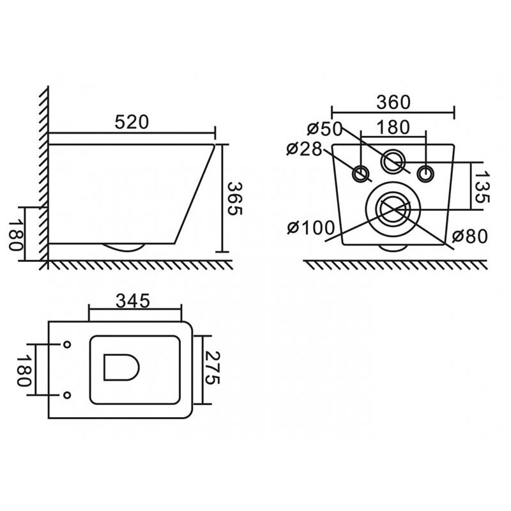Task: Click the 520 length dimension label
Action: click(132, 122)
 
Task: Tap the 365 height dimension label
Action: click(234, 199)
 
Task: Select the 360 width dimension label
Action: click(393, 102)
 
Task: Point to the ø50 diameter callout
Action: click(325, 129)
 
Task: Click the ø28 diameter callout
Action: click(305, 149)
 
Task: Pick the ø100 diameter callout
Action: click(311, 227)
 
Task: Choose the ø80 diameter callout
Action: click(469, 236)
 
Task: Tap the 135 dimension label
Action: click(482, 187)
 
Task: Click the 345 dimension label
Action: click(133, 301)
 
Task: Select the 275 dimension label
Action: click(212, 368)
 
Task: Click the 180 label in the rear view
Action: click(393, 127)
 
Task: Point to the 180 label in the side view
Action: click(16, 234)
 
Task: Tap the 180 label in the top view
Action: click(24, 370)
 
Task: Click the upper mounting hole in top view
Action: click(67, 344)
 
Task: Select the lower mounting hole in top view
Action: click(67, 395)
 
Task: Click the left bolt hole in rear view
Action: click(361, 173)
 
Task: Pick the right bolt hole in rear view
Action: click(425, 173)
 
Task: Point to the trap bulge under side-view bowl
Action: click(123, 247)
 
